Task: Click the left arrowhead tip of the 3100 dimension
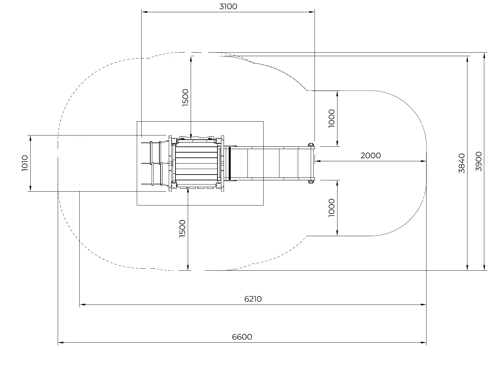click(x=142, y=12)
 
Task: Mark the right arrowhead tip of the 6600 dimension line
click(x=426, y=343)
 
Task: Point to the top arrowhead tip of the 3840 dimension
click(x=467, y=56)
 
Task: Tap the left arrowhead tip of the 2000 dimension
click(x=315, y=161)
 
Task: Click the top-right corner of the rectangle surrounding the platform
click(x=263, y=122)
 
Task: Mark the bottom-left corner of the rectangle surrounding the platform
click(x=137, y=205)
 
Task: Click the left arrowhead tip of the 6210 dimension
click(x=80, y=305)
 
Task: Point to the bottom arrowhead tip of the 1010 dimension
click(x=30, y=191)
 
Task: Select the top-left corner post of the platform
click(x=174, y=141)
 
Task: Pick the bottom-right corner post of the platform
click(x=218, y=185)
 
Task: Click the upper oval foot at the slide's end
click(x=311, y=145)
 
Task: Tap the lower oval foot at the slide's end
click(x=311, y=182)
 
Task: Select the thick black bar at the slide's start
click(x=230, y=163)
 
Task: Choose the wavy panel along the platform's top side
click(x=196, y=137)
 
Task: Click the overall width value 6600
click(x=242, y=337)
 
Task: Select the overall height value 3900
click(x=478, y=161)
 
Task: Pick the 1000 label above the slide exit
click(x=331, y=119)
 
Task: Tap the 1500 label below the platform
click(x=182, y=229)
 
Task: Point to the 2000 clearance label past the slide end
click(x=370, y=155)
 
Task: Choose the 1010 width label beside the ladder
click(x=25, y=163)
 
